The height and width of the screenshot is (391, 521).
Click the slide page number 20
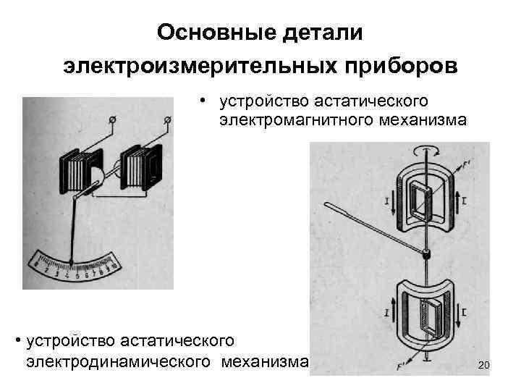click(x=484, y=368)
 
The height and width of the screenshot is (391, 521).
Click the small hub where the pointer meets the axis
click(x=427, y=253)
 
